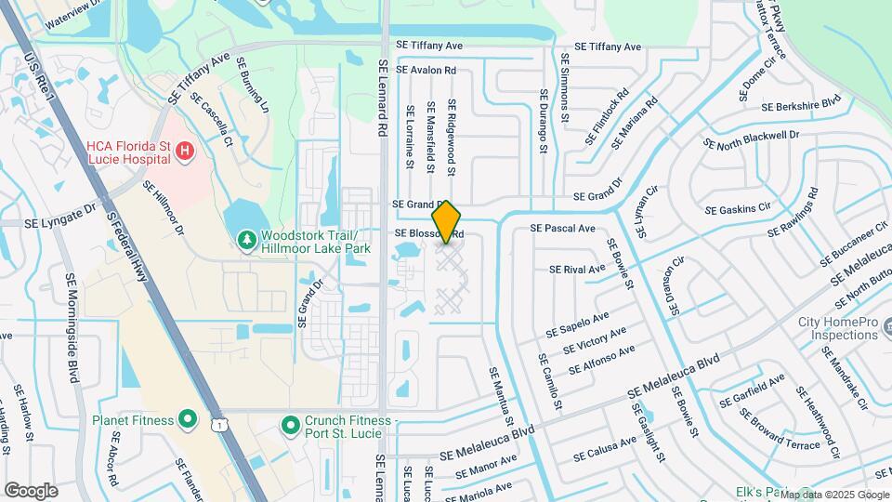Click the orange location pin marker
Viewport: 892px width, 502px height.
(447, 221)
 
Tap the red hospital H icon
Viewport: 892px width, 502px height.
(185, 150)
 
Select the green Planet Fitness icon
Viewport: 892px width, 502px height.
(188, 420)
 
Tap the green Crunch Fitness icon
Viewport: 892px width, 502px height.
(292, 425)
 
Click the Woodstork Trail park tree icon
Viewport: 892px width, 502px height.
(246, 242)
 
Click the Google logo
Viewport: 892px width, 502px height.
(31, 490)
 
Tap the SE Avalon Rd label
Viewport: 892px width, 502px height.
(426, 70)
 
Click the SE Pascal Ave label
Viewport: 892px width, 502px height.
(562, 228)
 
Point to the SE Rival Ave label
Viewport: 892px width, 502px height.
(577, 270)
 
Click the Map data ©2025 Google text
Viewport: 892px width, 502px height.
(834, 495)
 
